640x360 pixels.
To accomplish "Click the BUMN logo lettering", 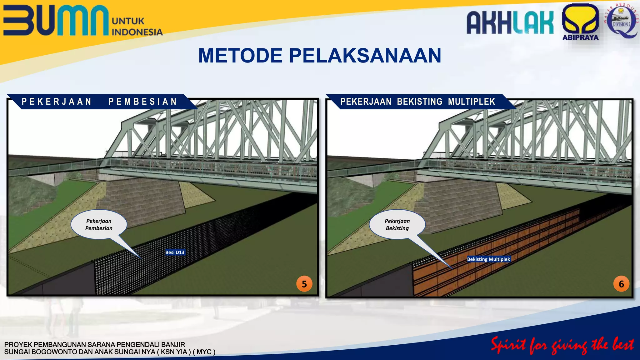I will (x=56, y=20).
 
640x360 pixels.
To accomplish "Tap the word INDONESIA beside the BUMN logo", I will (x=137, y=32).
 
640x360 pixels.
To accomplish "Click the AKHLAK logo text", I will (x=510, y=22).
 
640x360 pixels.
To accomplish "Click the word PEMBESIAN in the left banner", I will (x=143, y=102).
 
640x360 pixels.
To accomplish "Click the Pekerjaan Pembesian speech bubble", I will (x=99, y=224).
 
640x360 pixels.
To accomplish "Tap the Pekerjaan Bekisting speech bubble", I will (x=397, y=224).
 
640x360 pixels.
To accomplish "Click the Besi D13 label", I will (x=175, y=252).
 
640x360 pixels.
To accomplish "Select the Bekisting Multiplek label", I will (x=488, y=259).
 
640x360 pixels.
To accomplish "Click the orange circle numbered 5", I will (x=304, y=284).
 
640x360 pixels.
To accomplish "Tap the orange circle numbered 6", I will (x=621, y=284).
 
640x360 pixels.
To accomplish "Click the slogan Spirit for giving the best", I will (x=562, y=345).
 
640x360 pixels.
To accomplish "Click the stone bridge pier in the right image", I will (x=462, y=203).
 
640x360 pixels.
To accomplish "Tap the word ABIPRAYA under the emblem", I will (x=580, y=37).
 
